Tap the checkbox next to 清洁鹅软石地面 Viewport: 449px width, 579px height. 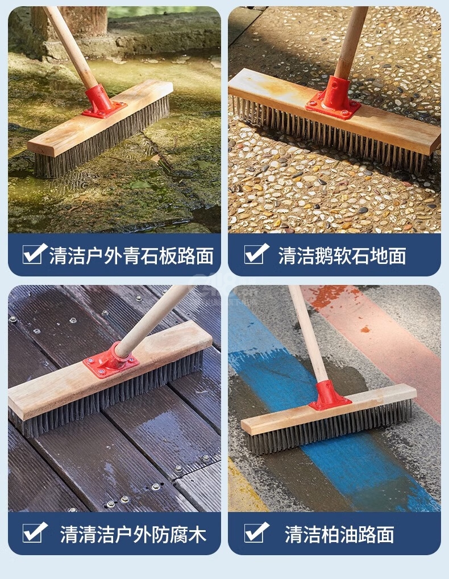(x=256, y=254)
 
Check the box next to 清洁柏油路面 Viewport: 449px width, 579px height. (x=256, y=532)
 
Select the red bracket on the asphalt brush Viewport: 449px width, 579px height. (x=328, y=396)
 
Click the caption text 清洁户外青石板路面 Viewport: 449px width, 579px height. (x=131, y=255)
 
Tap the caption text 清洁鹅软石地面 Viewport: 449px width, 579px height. (x=342, y=255)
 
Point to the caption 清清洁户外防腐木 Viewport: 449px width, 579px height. (x=133, y=534)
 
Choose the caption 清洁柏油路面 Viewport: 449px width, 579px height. (x=339, y=534)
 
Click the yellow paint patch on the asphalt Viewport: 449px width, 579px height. (x=244, y=488)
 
